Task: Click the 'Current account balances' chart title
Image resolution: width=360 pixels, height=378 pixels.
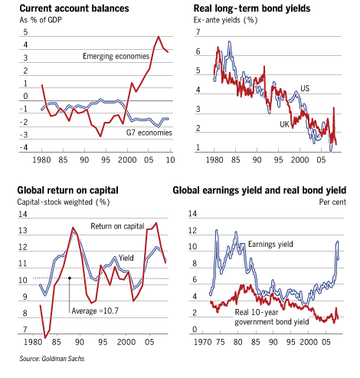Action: pyautogui.click(x=74, y=8)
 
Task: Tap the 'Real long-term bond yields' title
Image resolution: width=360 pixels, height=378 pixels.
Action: pyautogui.click(x=252, y=8)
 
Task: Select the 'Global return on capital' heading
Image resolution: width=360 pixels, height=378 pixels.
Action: pyautogui.click(x=67, y=190)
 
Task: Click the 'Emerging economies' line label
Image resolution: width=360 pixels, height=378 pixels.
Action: pyautogui.click(x=116, y=56)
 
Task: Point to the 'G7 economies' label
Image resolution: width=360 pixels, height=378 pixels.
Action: pyautogui.click(x=149, y=133)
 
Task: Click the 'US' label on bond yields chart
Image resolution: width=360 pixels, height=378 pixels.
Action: pyautogui.click(x=305, y=88)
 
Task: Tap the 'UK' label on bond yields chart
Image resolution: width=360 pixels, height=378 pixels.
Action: pyautogui.click(x=284, y=124)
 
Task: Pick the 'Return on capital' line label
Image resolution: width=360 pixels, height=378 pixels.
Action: pyautogui.click(x=117, y=226)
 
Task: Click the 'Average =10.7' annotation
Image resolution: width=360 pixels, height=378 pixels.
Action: pyautogui.click(x=95, y=311)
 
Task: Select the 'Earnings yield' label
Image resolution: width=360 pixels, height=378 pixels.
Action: pyautogui.click(x=270, y=245)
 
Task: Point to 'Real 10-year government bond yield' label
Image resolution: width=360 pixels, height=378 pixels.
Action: pyautogui.click(x=272, y=317)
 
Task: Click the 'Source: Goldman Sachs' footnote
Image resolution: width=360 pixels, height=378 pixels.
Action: pyautogui.click(x=52, y=359)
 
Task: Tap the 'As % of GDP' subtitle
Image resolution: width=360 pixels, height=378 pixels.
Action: pyautogui.click(x=41, y=20)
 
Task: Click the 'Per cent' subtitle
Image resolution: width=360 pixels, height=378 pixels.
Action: pyautogui.click(x=332, y=202)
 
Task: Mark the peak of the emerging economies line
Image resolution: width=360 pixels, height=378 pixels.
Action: pyautogui.click(x=159, y=37)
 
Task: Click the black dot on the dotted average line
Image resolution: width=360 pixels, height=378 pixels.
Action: pyautogui.click(x=69, y=278)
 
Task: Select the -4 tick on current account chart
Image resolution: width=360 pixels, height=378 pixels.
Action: pyautogui.click(x=24, y=147)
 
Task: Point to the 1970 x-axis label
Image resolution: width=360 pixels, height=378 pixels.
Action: pyautogui.click(x=203, y=342)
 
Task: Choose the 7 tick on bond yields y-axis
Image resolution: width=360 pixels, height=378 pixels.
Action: pyautogui.click(x=198, y=32)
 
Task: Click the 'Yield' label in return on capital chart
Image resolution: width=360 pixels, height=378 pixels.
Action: pyautogui.click(x=126, y=258)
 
